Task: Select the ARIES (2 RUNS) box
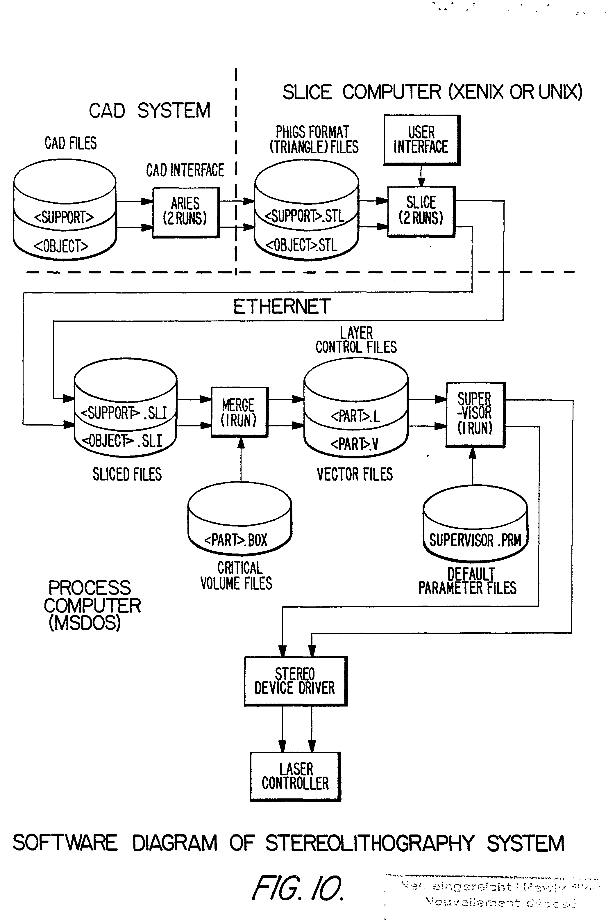pos(185,212)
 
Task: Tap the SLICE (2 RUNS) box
pos(421,211)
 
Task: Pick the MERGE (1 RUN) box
pos(239,412)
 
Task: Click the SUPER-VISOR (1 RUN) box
pos(475,414)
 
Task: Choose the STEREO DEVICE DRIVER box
pos(295,681)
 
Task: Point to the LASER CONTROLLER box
pos(295,776)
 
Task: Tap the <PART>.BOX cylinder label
pos(236,540)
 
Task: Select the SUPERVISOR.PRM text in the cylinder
pos(475,540)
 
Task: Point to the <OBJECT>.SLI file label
pos(122,440)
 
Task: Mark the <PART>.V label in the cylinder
pos(354,444)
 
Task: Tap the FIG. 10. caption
pos(298,888)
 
